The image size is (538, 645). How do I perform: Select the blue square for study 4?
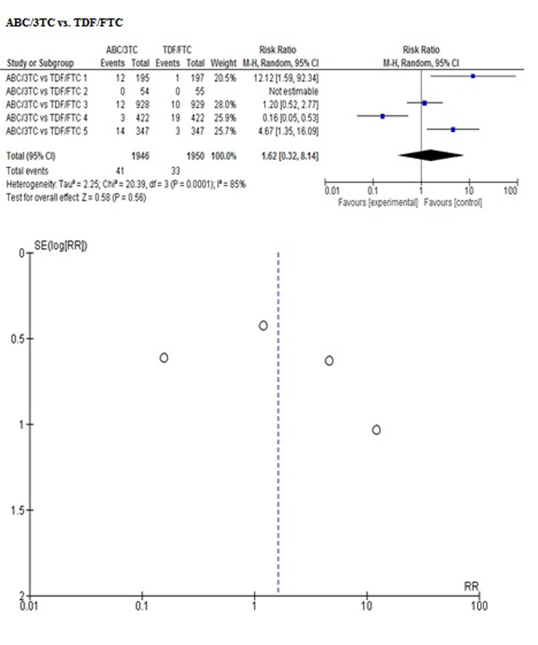pyautogui.click(x=383, y=117)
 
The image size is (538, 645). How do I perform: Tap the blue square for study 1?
pyautogui.click(x=472, y=77)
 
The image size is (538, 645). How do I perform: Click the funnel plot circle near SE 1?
pyautogui.click(x=376, y=430)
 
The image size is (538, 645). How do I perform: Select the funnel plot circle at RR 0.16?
pyautogui.click(x=164, y=357)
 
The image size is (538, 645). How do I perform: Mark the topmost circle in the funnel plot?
pyautogui.click(x=263, y=326)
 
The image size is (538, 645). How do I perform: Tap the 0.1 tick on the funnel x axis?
pyautogui.click(x=142, y=605)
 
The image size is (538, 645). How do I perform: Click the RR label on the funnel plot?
pyautogui.click(x=470, y=586)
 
